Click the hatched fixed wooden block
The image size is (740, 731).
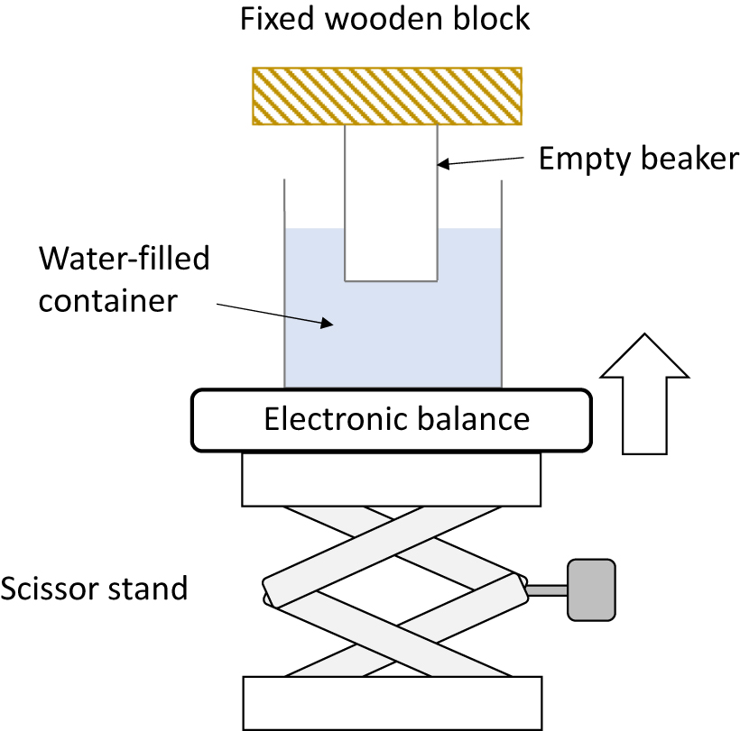click(387, 96)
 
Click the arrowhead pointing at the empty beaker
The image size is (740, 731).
click(445, 164)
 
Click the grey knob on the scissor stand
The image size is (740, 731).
click(591, 589)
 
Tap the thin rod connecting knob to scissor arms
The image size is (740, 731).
click(546, 590)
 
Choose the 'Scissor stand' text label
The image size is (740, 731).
click(94, 589)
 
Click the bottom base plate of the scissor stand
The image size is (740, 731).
click(392, 702)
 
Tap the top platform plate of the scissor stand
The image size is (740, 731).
click(392, 479)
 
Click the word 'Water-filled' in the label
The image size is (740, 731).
click(124, 260)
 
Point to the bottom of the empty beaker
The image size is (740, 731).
click(391, 280)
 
